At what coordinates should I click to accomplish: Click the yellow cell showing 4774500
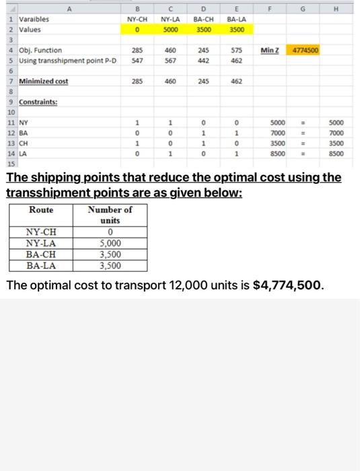[x=304, y=50]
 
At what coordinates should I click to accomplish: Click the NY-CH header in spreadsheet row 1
[x=137, y=20]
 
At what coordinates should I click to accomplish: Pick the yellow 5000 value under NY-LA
[x=170, y=30]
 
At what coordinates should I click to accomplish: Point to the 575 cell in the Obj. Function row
[x=235, y=50]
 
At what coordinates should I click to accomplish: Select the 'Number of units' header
[x=109, y=215]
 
